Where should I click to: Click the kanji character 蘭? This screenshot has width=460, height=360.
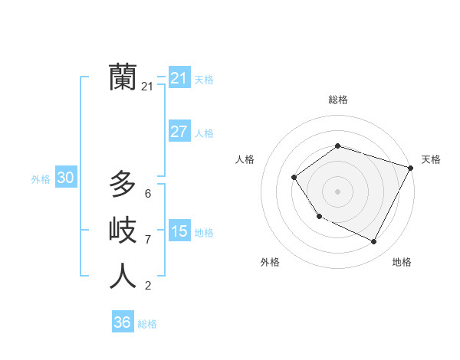(123, 77)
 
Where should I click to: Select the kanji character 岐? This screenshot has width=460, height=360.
(123, 230)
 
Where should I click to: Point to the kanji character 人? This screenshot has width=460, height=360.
(123, 277)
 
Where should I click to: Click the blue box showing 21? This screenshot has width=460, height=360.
(179, 78)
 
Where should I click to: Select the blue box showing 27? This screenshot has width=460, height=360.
(179, 132)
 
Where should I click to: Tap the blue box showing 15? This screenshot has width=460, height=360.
(179, 231)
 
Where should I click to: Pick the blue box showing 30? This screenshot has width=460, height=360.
(65, 178)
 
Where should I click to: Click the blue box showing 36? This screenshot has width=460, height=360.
(122, 322)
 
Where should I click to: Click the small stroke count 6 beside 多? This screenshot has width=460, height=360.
(148, 194)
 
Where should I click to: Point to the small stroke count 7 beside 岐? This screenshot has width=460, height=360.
(148, 240)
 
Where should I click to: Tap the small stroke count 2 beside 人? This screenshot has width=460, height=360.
(148, 286)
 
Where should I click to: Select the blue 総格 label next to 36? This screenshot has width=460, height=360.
(147, 324)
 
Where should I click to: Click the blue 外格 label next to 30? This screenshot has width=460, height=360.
(41, 179)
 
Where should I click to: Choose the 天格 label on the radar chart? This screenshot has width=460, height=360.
(431, 159)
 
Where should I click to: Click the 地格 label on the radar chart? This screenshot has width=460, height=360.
(402, 262)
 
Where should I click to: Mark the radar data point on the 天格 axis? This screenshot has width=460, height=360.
(411, 168)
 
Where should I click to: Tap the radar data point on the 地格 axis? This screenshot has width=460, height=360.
(374, 242)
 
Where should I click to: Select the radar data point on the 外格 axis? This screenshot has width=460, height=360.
(319, 217)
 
